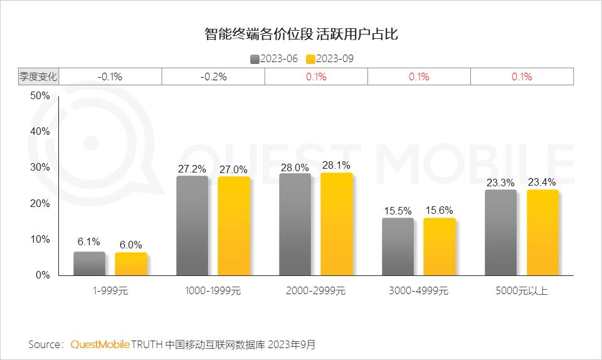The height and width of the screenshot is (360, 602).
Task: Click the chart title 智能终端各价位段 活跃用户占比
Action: click(301, 34)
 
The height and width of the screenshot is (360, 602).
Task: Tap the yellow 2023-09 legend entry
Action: click(330, 59)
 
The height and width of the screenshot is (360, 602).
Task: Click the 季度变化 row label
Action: click(38, 77)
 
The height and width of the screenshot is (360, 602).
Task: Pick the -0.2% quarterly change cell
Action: click(213, 77)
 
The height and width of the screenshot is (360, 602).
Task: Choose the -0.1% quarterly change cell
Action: click(110, 77)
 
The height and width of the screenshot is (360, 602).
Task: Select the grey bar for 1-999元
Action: click(89, 263)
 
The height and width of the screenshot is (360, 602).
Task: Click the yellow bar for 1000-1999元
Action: click(234, 226)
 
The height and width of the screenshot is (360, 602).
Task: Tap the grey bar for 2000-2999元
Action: click(295, 224)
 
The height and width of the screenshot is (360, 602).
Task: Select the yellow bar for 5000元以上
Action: click(542, 232)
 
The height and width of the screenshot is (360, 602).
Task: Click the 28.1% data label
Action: click(337, 165)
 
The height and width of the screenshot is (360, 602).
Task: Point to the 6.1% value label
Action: click(89, 242)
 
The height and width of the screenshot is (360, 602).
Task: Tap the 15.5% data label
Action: click(398, 211)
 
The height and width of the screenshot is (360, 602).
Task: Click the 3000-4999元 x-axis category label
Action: click(418, 291)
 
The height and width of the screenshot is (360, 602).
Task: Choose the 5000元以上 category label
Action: click(521, 291)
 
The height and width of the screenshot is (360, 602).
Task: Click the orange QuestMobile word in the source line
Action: click(100, 344)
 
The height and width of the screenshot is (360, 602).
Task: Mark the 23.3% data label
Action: click(500, 183)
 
